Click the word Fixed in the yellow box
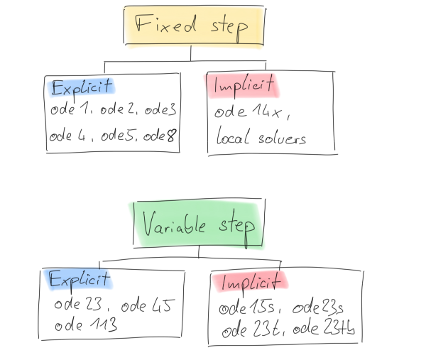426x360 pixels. [x=165, y=26]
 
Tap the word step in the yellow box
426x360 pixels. [x=229, y=28]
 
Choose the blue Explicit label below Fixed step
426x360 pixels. [x=81, y=87]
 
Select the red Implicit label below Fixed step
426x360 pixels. [x=242, y=86]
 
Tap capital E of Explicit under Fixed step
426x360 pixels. [x=56, y=89]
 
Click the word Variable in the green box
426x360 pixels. [x=174, y=225]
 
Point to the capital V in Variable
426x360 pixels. [x=148, y=224]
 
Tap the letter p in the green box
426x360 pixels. [x=248, y=229]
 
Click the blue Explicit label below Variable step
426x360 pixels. [x=79, y=279]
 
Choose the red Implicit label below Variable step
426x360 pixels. [x=250, y=282]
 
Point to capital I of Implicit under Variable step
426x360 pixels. [x=224, y=283]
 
